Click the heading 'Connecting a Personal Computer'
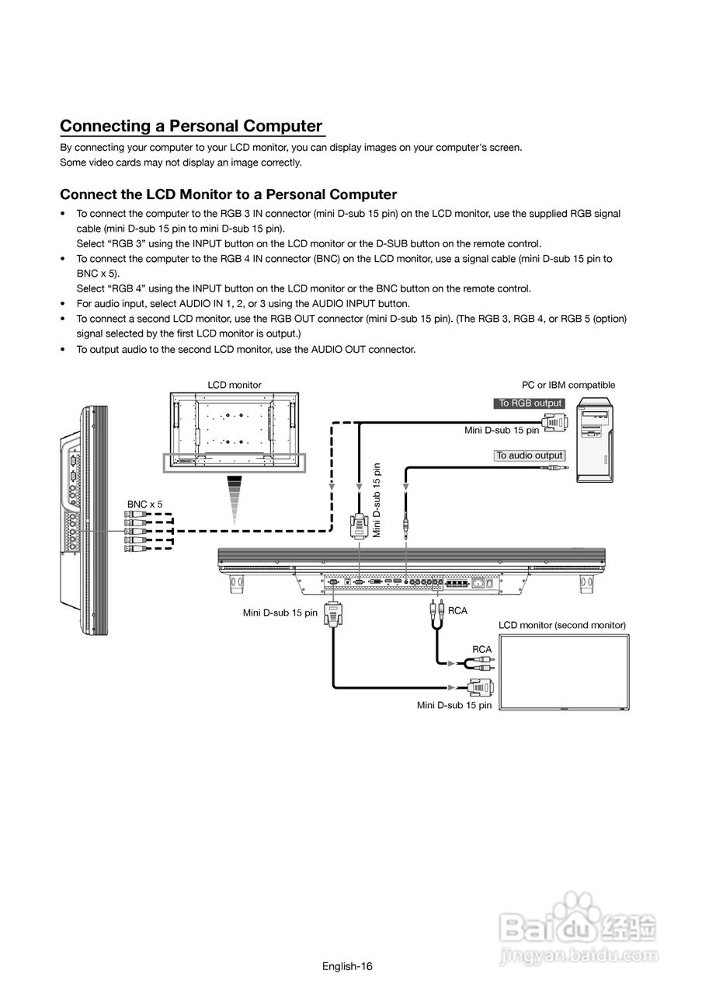click(x=191, y=126)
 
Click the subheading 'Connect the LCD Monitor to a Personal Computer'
click(x=228, y=194)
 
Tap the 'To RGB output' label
click(x=530, y=403)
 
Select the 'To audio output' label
click(x=530, y=456)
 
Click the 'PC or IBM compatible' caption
click(x=568, y=385)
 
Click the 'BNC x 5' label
click(x=145, y=504)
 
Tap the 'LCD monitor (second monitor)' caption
click(x=561, y=625)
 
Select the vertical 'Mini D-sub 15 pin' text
click(x=377, y=500)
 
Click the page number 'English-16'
click(x=348, y=966)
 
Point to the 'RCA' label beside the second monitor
click(x=481, y=649)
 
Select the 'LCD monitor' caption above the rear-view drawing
click(x=235, y=385)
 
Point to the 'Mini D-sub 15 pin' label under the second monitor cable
click(x=454, y=705)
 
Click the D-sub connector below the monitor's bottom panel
click(x=333, y=614)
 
